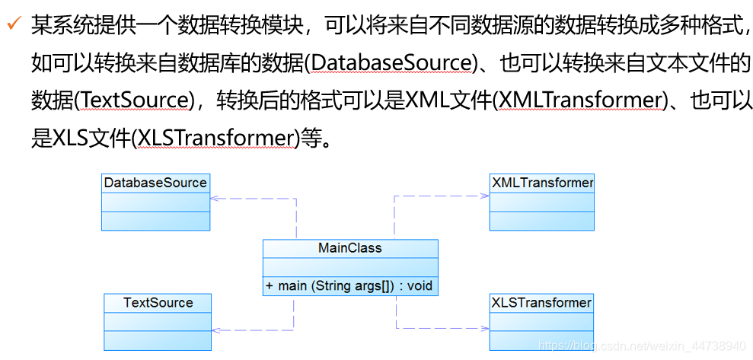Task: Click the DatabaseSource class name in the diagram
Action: pyautogui.click(x=155, y=183)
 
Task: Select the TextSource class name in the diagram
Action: pyautogui.click(x=158, y=303)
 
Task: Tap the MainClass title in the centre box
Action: pyautogui.click(x=349, y=248)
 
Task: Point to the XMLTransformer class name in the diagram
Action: pyautogui.click(x=542, y=183)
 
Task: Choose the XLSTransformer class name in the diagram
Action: pyautogui.click(x=541, y=303)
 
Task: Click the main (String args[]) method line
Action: pyautogui.click(x=349, y=286)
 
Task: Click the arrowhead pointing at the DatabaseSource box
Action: pyautogui.click(x=215, y=198)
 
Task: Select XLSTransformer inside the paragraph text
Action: pyautogui.click(x=215, y=138)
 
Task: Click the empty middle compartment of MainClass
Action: pyautogui.click(x=349, y=267)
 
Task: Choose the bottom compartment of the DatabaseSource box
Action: pyautogui.click(x=155, y=221)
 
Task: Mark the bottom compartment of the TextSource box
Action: pyautogui.click(x=158, y=340)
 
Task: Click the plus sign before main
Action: pyautogui.click(x=270, y=286)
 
